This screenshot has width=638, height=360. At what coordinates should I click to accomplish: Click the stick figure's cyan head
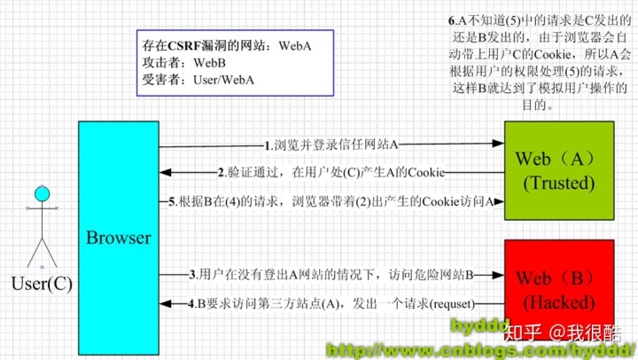point(41,193)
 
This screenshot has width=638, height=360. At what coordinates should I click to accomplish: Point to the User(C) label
point(41,284)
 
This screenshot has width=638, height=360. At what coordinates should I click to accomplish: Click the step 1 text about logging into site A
point(332,145)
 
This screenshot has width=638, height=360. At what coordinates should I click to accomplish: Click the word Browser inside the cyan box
point(118,237)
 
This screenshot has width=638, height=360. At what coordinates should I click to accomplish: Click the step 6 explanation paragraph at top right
point(541,62)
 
